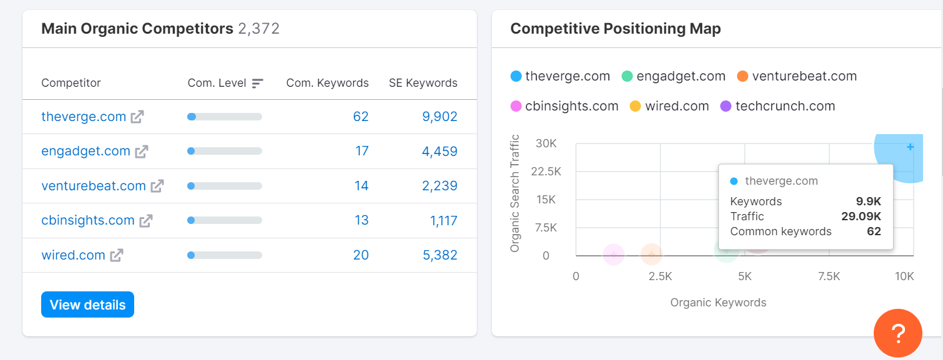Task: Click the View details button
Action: coord(87,304)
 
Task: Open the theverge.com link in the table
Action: coord(84,117)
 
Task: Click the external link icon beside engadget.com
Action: coord(142,151)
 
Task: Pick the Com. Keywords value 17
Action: coord(361,151)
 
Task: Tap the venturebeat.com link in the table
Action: coord(93,186)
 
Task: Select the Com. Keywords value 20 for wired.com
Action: coord(361,255)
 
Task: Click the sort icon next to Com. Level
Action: coord(258,83)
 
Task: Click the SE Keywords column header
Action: coord(423,83)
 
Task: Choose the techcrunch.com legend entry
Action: coord(784,106)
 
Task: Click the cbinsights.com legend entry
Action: coord(571,106)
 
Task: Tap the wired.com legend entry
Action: coord(677,106)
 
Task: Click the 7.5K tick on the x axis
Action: coord(829,276)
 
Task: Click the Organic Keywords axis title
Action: coord(718,303)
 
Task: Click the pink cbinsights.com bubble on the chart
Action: coord(614,254)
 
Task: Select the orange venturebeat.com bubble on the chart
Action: coord(651,254)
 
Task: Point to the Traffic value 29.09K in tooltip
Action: coord(861,216)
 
